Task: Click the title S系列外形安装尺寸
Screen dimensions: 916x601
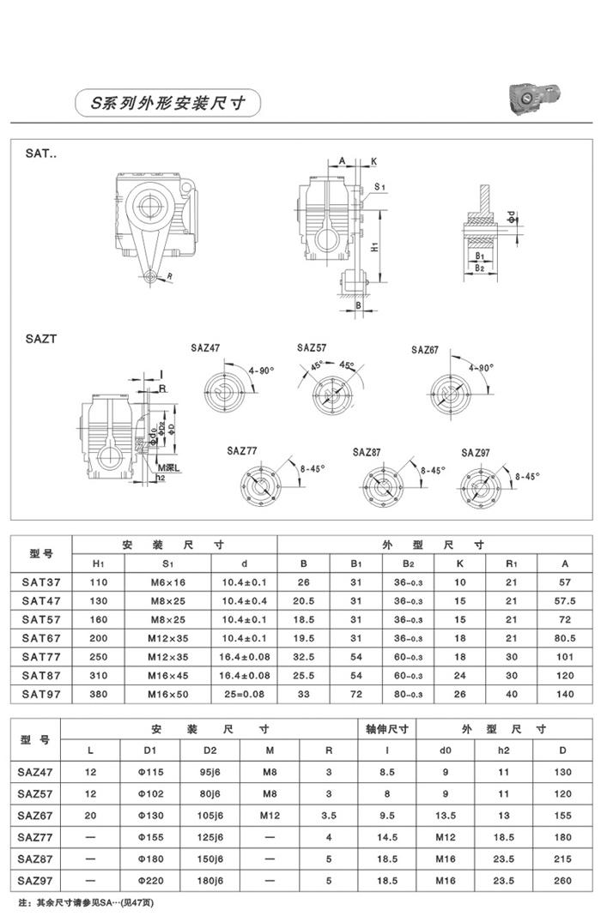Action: [168, 103]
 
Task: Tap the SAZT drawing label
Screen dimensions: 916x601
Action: [41, 339]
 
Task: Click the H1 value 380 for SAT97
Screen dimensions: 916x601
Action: [99, 695]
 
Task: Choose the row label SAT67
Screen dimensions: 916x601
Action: [41, 638]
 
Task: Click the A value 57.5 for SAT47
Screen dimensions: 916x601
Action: [565, 600]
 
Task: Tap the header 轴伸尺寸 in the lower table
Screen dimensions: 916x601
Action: [386, 729]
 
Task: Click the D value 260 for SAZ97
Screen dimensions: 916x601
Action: [562, 879]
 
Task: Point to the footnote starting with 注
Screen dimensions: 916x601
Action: [86, 903]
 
